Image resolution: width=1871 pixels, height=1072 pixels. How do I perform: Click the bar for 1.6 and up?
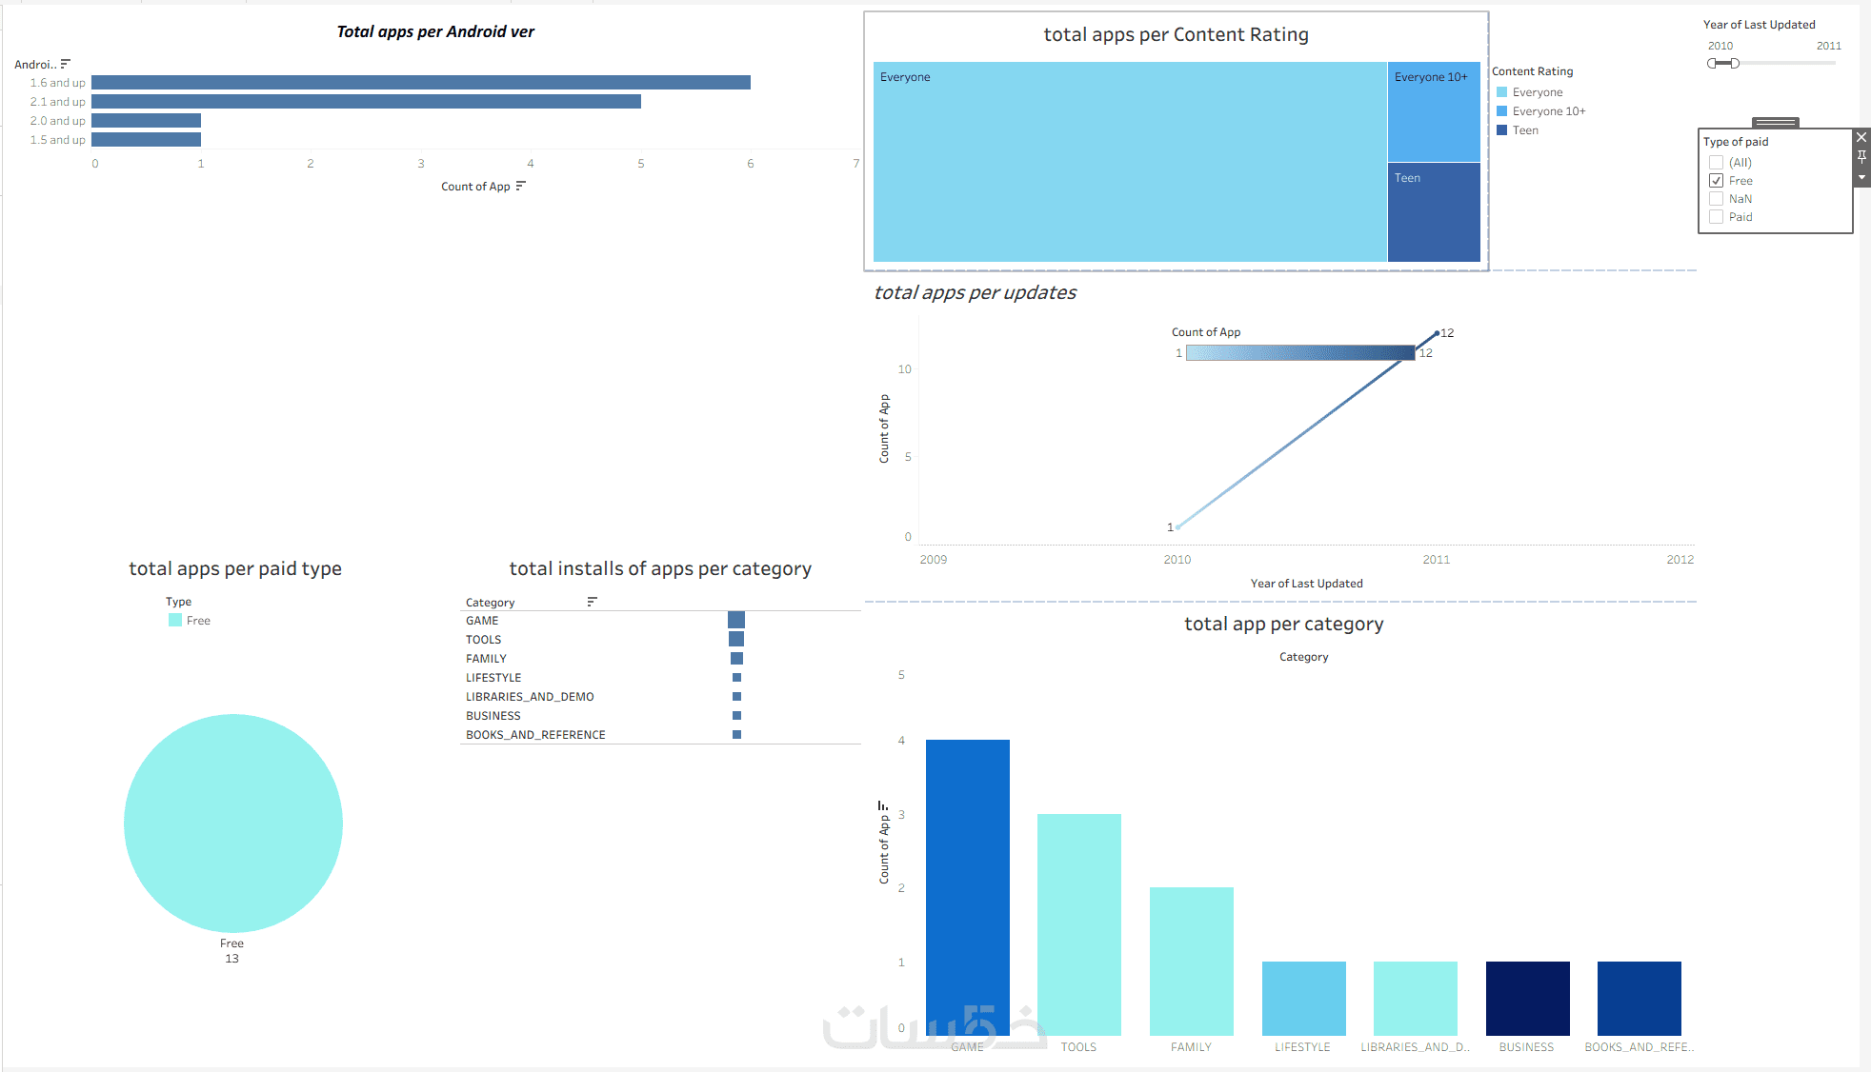click(x=420, y=83)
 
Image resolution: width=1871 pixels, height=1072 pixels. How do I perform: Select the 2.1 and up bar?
click(x=366, y=102)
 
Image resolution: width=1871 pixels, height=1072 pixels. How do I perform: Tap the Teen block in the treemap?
click(x=1434, y=211)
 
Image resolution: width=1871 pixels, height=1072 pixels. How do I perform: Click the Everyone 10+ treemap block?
click(x=1434, y=112)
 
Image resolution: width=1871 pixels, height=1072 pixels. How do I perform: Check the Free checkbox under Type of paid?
click(x=1716, y=181)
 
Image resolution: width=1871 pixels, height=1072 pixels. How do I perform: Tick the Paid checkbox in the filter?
click(x=1716, y=217)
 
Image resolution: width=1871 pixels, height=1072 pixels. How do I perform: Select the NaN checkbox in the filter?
click(x=1716, y=199)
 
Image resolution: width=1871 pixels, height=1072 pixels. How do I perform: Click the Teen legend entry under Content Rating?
click(x=1524, y=130)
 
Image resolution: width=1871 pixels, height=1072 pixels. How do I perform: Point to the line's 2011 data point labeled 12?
click(x=1437, y=333)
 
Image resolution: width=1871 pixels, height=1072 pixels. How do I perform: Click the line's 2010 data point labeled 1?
click(x=1178, y=526)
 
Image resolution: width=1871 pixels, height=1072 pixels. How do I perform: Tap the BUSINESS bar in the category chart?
click(x=1527, y=998)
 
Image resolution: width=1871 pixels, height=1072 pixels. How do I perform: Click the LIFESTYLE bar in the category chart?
click(x=1303, y=998)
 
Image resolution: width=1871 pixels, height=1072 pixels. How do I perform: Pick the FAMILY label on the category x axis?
click(x=1191, y=1047)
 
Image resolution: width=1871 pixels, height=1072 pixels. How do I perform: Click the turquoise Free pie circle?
click(x=233, y=823)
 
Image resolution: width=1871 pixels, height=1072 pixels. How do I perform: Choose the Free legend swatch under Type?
click(x=175, y=621)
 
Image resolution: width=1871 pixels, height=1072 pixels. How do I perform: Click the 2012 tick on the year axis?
click(x=1680, y=560)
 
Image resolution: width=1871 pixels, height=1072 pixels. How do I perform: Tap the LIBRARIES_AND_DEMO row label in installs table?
click(x=530, y=697)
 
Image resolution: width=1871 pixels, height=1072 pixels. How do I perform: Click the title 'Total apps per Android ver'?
click(x=435, y=31)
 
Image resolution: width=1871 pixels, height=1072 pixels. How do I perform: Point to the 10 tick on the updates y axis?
click(x=904, y=369)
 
